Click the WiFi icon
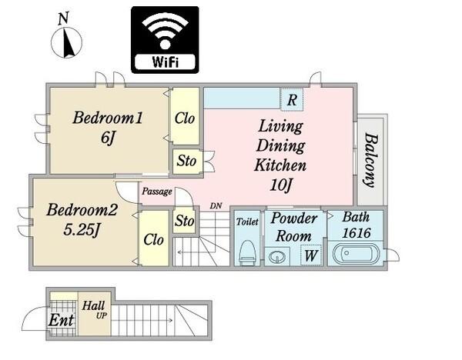(x=165, y=40)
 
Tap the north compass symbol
(x=66, y=38)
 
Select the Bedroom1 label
(x=108, y=118)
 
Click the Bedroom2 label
(x=82, y=210)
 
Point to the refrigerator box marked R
(x=292, y=100)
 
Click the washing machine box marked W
(x=311, y=255)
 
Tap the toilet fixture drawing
(x=247, y=252)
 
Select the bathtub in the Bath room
(x=356, y=253)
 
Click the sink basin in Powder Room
(x=277, y=257)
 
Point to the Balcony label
(x=370, y=161)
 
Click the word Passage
(x=157, y=192)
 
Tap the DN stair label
(x=216, y=205)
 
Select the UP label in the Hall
(x=102, y=316)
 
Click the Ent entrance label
(x=61, y=320)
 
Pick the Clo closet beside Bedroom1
(x=185, y=118)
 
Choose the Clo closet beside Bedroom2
(x=153, y=239)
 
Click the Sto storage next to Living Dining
(x=186, y=161)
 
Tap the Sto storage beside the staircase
(x=185, y=221)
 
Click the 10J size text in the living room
(x=281, y=185)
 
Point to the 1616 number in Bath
(x=357, y=233)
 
